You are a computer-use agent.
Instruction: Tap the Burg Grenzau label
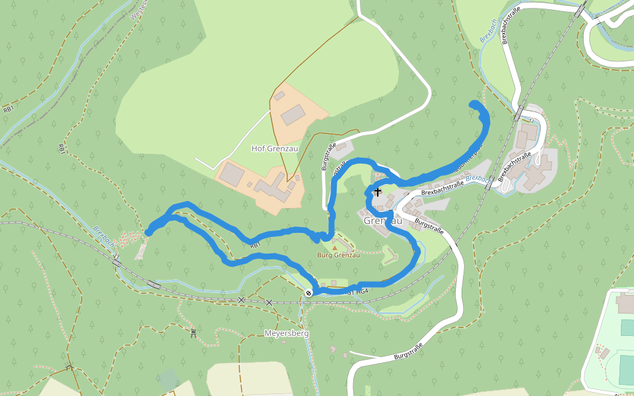click(x=338, y=255)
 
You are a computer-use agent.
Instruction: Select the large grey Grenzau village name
click(x=383, y=221)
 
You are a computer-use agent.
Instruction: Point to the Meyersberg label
click(x=287, y=334)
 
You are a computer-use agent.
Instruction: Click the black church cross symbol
click(x=377, y=193)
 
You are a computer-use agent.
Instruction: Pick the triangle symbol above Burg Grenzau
click(x=335, y=247)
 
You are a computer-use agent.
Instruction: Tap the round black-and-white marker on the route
click(x=308, y=292)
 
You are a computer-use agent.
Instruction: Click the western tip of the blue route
click(x=148, y=232)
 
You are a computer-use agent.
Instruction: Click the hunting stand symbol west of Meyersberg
click(x=193, y=333)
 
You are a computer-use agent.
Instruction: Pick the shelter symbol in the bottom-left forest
click(x=69, y=367)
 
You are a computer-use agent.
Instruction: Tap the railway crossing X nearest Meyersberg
click(x=269, y=302)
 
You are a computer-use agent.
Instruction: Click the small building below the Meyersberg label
click(x=333, y=348)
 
